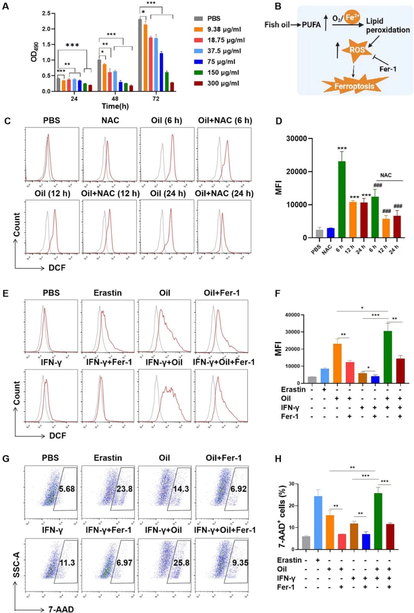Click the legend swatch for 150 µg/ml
(198, 72)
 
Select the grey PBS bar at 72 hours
(140, 55)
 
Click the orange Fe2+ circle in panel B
(352, 17)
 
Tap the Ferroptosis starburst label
(354, 86)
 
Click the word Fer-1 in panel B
(388, 69)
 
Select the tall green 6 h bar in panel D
(342, 199)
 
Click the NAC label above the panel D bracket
(386, 175)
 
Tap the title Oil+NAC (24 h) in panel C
(224, 193)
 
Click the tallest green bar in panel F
(388, 357)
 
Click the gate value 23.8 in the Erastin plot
(124, 489)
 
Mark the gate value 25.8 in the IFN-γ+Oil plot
(181, 562)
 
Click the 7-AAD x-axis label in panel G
(61, 609)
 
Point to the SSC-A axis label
(16, 564)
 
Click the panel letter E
(5, 293)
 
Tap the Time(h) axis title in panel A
(115, 106)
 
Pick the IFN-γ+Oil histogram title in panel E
(164, 362)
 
